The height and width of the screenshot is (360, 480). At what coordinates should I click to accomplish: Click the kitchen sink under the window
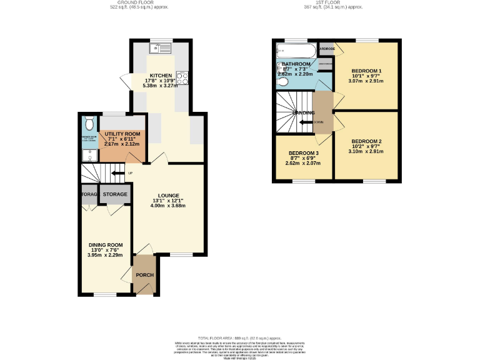154,48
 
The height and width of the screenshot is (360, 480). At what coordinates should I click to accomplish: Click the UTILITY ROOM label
122,134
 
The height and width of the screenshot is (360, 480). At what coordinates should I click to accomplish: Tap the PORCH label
145,275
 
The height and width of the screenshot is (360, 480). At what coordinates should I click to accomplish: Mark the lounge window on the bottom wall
182,254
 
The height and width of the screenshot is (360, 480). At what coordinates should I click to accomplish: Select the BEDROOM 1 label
366,71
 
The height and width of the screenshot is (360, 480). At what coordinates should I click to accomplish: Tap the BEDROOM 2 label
366,141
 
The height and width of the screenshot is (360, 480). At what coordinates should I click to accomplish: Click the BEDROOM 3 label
303,153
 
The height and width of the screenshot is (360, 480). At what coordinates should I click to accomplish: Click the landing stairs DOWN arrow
307,122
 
